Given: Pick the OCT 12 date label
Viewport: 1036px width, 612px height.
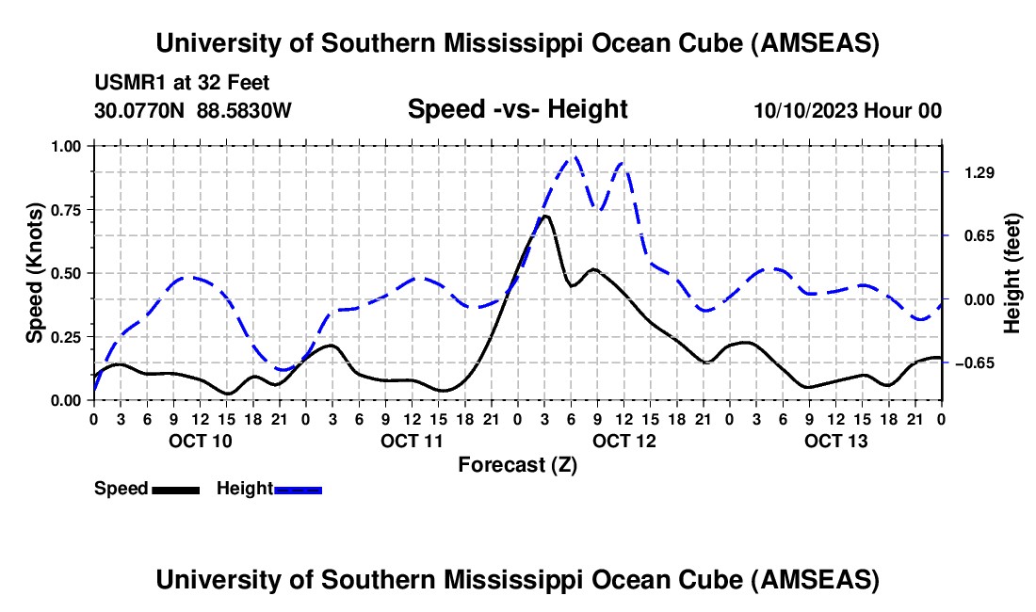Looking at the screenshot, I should (623, 441).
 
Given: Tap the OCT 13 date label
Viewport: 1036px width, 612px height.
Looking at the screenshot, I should (835, 441).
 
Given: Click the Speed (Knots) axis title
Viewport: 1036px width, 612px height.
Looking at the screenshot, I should (35, 273).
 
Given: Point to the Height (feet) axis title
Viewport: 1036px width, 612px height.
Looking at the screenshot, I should (1012, 273).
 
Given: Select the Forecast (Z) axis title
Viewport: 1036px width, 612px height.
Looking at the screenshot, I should (517, 464).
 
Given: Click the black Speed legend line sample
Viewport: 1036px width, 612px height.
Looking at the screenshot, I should (175, 489).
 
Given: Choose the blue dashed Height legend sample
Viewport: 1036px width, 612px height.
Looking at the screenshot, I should (299, 489).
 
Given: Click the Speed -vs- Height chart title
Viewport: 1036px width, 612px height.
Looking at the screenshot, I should (517, 109).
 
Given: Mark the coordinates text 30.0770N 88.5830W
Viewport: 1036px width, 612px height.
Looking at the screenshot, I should (193, 110).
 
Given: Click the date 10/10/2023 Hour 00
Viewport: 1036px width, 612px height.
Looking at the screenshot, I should (848, 110).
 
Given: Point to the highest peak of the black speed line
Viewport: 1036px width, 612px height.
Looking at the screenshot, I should (545, 216).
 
